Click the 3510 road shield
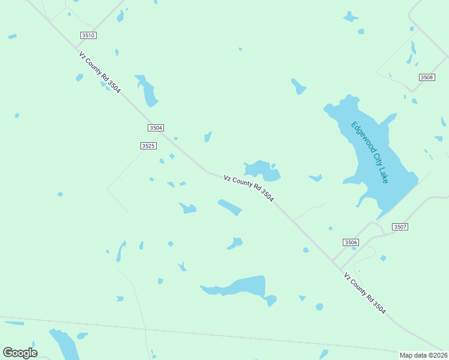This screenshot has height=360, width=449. (x=88, y=35)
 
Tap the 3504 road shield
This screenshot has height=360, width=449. (x=155, y=128)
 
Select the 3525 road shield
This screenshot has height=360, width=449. (x=148, y=146)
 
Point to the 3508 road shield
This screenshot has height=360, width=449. (x=427, y=77)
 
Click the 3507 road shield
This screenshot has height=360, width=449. (x=400, y=227)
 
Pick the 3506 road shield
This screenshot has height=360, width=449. (x=351, y=242)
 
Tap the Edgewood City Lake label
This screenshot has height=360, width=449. (x=370, y=152)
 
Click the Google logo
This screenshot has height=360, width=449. (x=20, y=352)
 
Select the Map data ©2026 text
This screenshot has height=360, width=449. (x=423, y=355)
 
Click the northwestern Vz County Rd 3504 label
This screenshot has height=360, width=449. (x=100, y=72)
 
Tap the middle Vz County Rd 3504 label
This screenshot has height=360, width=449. (x=249, y=188)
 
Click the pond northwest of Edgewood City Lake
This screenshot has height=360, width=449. (x=298, y=87)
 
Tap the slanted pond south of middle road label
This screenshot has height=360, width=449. (x=230, y=208)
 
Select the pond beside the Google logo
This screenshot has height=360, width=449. (x=64, y=344)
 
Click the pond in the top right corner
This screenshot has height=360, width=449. (x=351, y=17)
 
